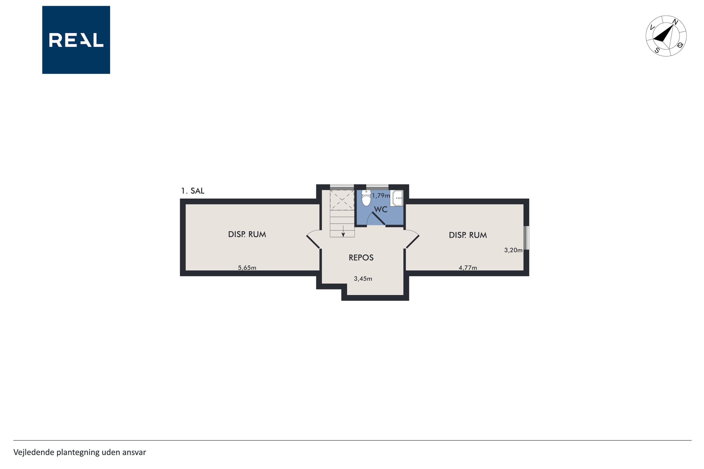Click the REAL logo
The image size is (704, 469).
pyautogui.click(x=76, y=40)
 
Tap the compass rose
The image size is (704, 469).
pyautogui.click(x=666, y=36)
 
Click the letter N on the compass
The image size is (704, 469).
pyautogui.click(x=675, y=22)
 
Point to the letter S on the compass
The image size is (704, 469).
pyautogui.click(x=657, y=50)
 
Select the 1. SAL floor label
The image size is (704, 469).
pyautogui.click(x=193, y=191)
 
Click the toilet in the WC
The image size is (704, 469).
pyautogui.click(x=366, y=198)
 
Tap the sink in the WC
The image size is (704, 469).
pyautogui.click(x=397, y=198)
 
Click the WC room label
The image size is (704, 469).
pyautogui.click(x=381, y=209)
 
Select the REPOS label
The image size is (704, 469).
pyautogui.click(x=361, y=258)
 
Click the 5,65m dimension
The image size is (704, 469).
pyautogui.click(x=247, y=268)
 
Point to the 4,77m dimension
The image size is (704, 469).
pyautogui.click(x=468, y=268)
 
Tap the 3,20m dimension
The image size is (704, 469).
pyautogui.click(x=513, y=250)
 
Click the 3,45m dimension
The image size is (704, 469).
pyautogui.click(x=363, y=279)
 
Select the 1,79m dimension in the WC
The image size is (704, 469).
pyautogui.click(x=381, y=196)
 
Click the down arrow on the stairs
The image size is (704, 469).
pyautogui.click(x=343, y=231)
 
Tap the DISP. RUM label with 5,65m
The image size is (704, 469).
pyautogui.click(x=247, y=234)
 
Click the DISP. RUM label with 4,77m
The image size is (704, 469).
pyautogui.click(x=468, y=235)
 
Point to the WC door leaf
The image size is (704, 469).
pyautogui.click(x=378, y=219)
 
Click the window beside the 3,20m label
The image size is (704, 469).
pyautogui.click(x=527, y=238)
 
